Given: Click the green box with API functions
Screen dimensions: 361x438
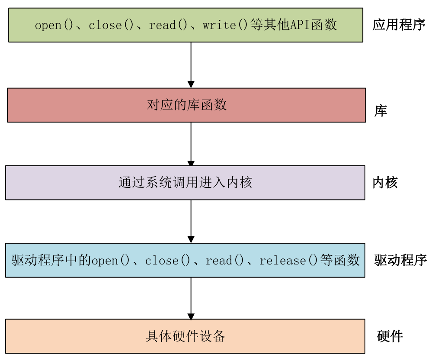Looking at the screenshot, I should click(x=185, y=25).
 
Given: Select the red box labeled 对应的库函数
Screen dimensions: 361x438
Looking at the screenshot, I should click(x=186, y=105).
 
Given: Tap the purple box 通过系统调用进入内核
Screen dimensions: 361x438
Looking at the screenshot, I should click(x=185, y=183).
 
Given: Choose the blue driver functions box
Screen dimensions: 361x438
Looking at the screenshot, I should click(x=185, y=260).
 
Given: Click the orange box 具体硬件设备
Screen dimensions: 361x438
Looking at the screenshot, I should click(x=185, y=336).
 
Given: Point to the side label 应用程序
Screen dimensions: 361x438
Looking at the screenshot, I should click(x=399, y=25).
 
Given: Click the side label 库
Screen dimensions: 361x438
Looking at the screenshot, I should click(x=380, y=111).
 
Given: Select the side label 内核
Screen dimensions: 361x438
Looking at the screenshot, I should click(x=385, y=183).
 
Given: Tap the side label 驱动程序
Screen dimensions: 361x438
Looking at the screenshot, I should click(x=400, y=260).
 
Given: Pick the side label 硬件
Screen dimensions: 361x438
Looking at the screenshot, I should click(x=390, y=336).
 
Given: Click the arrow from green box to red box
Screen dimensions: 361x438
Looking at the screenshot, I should click(x=191, y=65).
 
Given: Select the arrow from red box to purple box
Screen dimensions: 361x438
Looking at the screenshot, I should click(x=191, y=144).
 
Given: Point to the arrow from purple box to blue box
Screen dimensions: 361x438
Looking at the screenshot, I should click(x=191, y=221).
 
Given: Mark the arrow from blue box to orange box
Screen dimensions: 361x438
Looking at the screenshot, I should click(x=191, y=298).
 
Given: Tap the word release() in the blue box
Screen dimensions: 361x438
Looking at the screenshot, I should click(x=288, y=261).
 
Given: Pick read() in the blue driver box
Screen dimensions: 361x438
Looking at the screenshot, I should click(x=225, y=261).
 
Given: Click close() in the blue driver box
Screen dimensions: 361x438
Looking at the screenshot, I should click(x=168, y=261).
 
